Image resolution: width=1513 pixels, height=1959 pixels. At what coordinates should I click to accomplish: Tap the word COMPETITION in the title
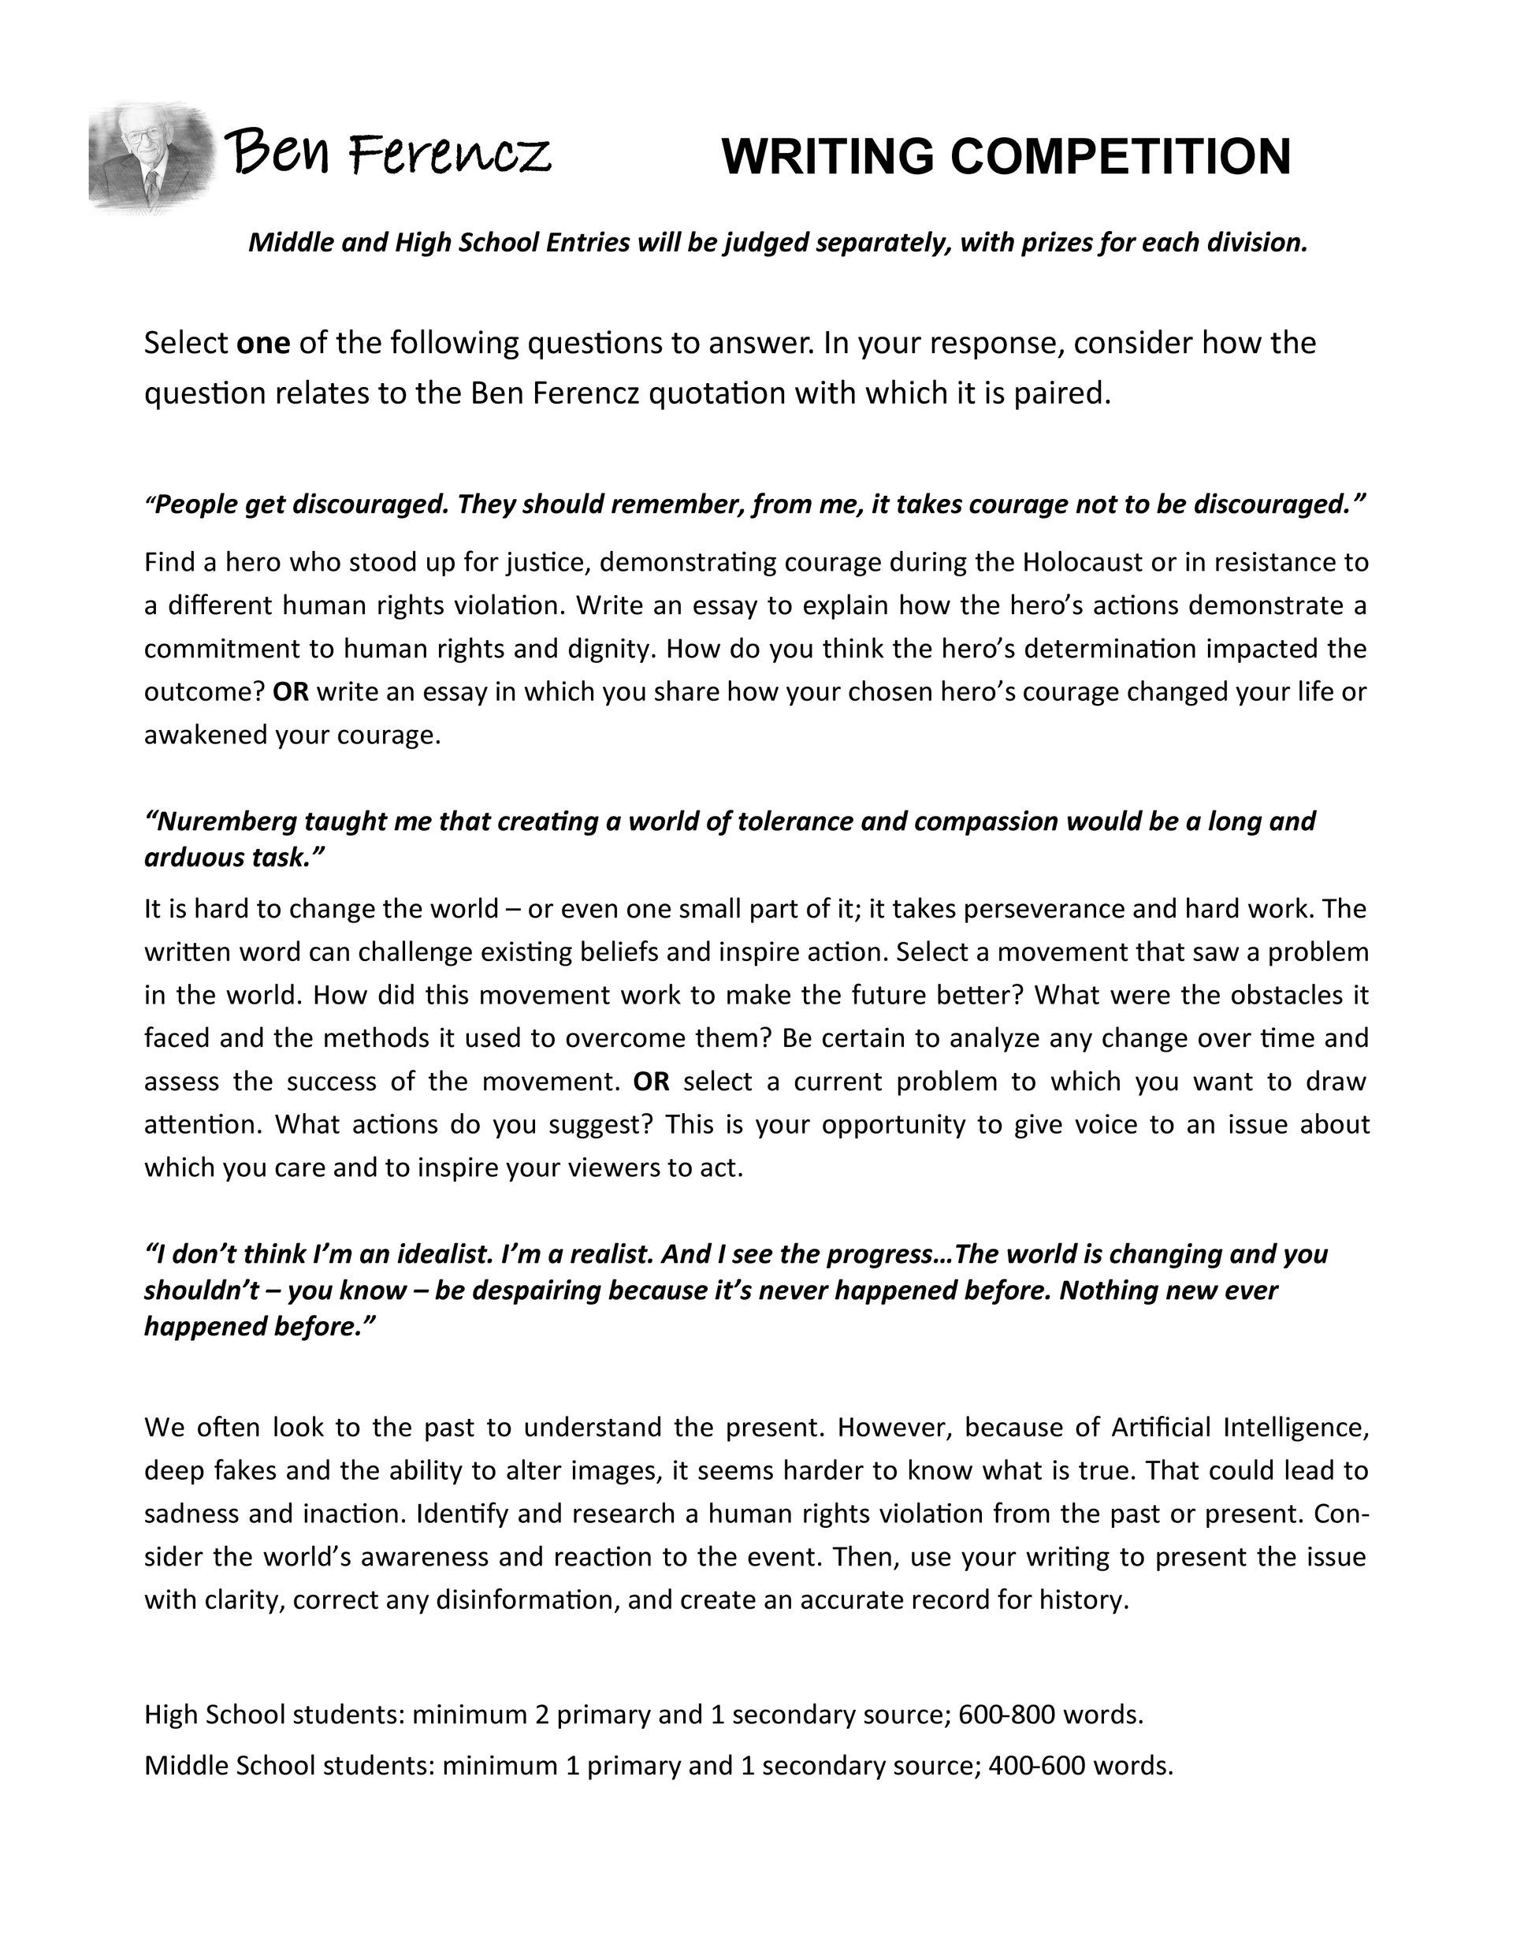coord(1121,157)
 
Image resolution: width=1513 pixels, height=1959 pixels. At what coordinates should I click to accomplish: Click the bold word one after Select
coord(262,343)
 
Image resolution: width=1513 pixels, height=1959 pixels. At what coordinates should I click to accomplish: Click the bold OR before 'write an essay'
coord(290,691)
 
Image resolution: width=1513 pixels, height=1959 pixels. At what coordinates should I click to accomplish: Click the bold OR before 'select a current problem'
coord(651,1081)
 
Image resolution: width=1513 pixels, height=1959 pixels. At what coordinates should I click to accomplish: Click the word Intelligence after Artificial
coord(1294,1426)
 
